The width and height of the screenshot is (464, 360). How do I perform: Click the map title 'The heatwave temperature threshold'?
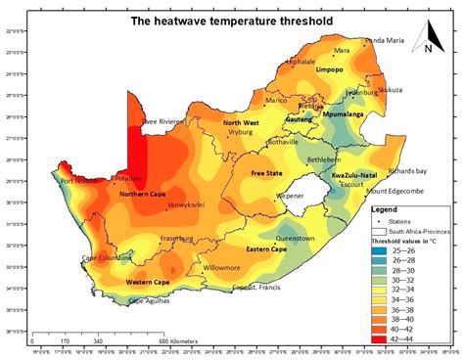click(231, 21)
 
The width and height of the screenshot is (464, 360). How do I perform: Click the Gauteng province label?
click(299, 117)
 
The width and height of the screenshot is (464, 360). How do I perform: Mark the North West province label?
click(240, 122)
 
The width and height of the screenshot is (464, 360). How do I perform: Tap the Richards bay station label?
click(407, 170)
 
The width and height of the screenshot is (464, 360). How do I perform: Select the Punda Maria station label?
click(383, 41)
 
